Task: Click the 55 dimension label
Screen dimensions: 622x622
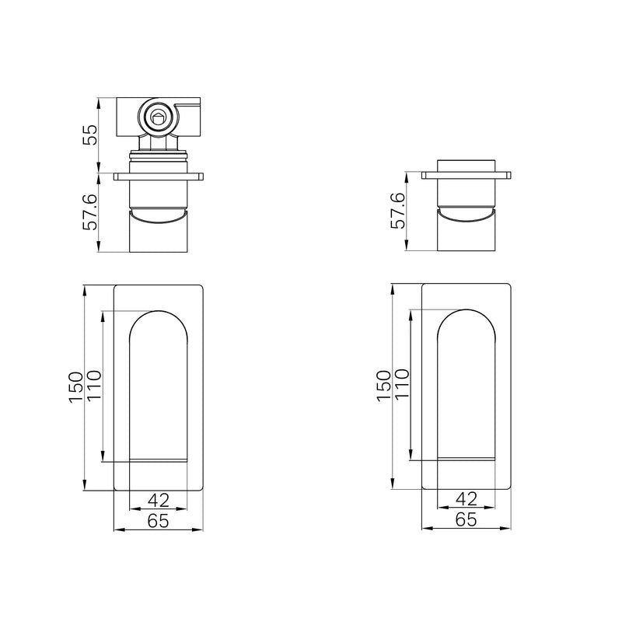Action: coord(90,135)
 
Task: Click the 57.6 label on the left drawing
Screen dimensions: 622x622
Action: coord(90,211)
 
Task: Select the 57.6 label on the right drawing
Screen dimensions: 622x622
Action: coord(398,210)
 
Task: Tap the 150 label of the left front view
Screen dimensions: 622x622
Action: coord(75,387)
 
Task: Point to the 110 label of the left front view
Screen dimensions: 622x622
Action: coord(94,386)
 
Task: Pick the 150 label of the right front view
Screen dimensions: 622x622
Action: coord(383,386)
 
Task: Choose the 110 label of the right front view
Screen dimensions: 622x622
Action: coord(401,384)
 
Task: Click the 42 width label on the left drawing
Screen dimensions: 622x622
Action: coord(159,500)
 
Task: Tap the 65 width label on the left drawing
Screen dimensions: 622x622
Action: coord(159,521)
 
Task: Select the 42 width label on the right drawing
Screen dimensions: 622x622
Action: coord(466,499)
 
